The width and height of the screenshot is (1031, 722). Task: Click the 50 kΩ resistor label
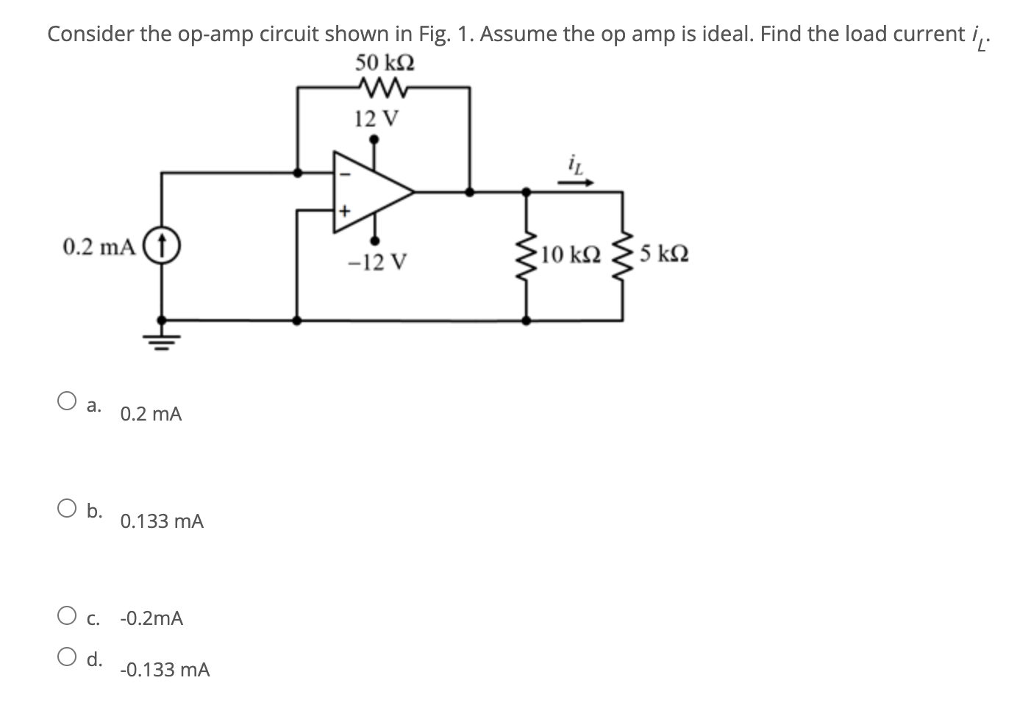pyautogui.click(x=384, y=62)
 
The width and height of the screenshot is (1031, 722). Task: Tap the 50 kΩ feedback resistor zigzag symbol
pyautogui.click(x=384, y=87)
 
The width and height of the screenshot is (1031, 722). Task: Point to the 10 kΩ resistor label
pyautogui.click(x=571, y=255)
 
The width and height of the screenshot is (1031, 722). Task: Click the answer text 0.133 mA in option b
pyautogui.click(x=162, y=522)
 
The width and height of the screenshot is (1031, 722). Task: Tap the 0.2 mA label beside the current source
pyautogui.click(x=99, y=246)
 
